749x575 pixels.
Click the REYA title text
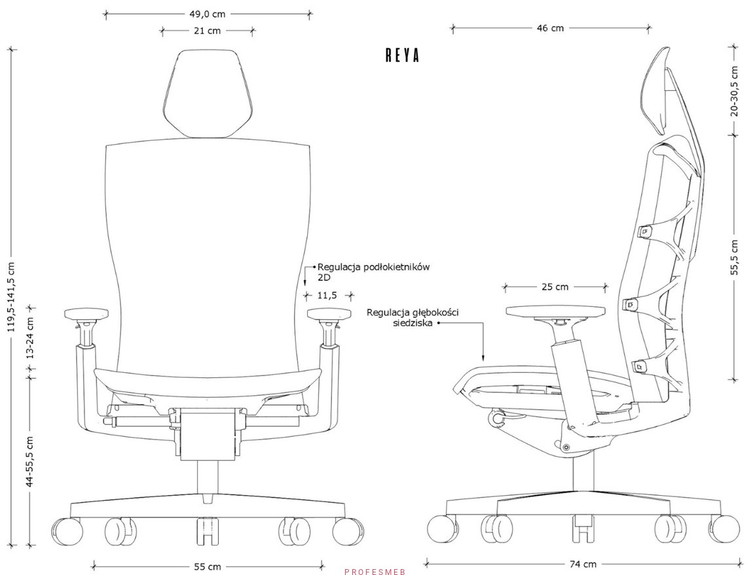(x=402, y=56)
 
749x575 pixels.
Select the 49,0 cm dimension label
(x=208, y=14)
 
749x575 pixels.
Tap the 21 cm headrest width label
(x=208, y=31)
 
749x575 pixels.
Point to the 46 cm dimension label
(x=550, y=27)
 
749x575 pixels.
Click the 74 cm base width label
(x=583, y=563)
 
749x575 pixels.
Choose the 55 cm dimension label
(x=208, y=566)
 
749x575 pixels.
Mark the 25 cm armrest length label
(x=555, y=287)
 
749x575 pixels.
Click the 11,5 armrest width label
(x=327, y=296)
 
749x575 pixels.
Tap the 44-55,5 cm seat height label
(x=29, y=461)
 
